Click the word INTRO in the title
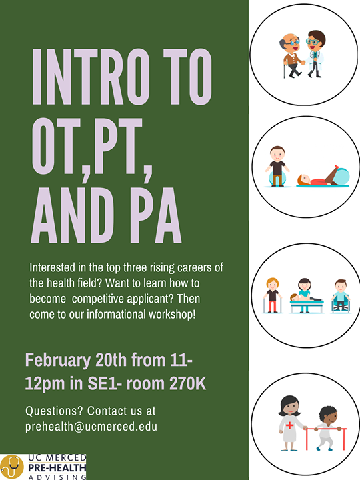pyautogui.click(x=91, y=77)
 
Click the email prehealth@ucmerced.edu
pyautogui.click(x=91, y=427)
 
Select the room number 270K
pyautogui.click(x=187, y=383)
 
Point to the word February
pyautogui.click(x=58, y=361)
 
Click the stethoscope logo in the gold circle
pyautogui.click(x=11, y=467)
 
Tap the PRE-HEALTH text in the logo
pyautogui.click(x=57, y=468)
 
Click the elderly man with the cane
pyautogui.click(x=291, y=55)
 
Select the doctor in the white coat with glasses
pyautogui.click(x=315, y=54)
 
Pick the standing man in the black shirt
pyautogui.click(x=277, y=166)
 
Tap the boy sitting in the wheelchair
pyautogui.click(x=341, y=296)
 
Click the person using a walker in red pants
pyautogui.click(x=273, y=295)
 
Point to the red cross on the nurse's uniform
pyautogui.click(x=289, y=425)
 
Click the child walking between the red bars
pyautogui.click(x=327, y=428)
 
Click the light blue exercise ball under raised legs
pyautogui.click(x=342, y=176)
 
